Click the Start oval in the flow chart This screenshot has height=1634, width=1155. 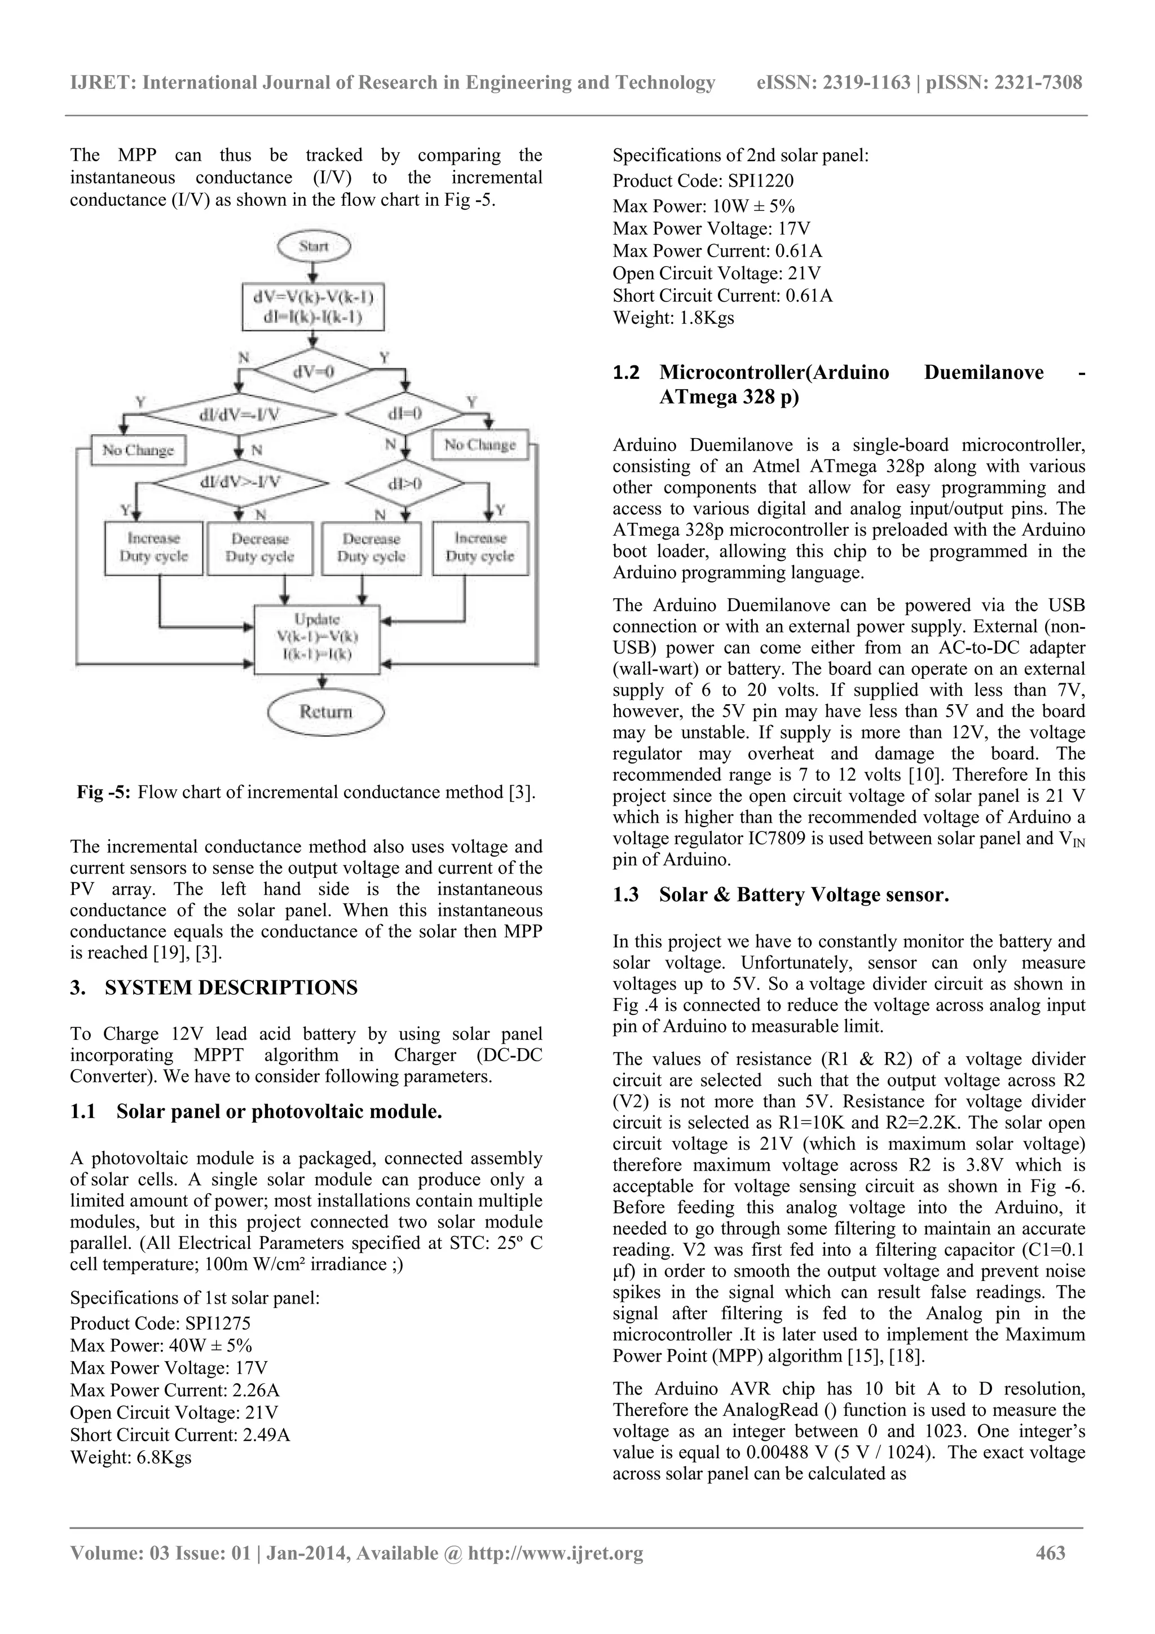click(314, 247)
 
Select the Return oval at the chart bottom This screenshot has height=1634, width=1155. click(326, 712)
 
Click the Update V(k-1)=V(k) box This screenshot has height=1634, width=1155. click(318, 638)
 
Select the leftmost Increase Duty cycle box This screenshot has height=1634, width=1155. click(154, 548)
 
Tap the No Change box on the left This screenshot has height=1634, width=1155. click(138, 450)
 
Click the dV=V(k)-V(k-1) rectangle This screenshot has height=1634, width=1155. click(313, 307)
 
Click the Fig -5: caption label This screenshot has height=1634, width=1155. click(104, 793)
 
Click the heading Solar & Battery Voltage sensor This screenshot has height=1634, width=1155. click(804, 895)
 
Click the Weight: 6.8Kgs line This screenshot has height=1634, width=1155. click(131, 1457)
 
